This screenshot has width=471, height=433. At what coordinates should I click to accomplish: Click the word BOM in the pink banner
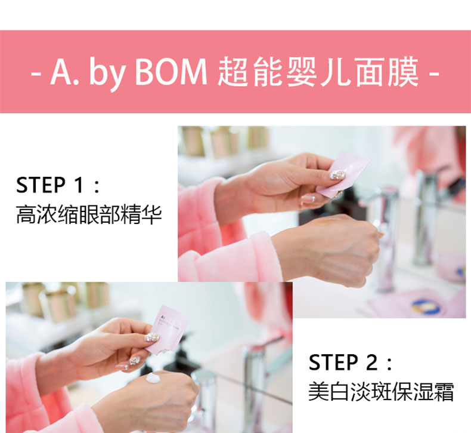(x=171, y=72)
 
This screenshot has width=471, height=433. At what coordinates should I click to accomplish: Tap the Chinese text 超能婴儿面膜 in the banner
(x=318, y=72)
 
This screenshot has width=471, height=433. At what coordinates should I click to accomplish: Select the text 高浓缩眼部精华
(x=89, y=214)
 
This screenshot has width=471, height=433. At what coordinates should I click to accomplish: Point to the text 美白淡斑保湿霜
(x=381, y=391)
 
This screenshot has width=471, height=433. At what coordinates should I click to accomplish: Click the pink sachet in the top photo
(x=343, y=174)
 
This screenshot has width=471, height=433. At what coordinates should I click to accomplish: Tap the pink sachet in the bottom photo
(x=168, y=330)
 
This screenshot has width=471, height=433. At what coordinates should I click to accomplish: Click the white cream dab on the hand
(x=154, y=378)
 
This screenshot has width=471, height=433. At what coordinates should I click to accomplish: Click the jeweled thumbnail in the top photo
(x=337, y=175)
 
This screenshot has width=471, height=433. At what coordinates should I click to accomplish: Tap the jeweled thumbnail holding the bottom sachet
(x=152, y=337)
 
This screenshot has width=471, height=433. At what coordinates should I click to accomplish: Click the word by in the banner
(x=107, y=74)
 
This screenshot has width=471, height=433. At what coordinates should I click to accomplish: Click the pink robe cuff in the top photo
(x=237, y=256)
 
